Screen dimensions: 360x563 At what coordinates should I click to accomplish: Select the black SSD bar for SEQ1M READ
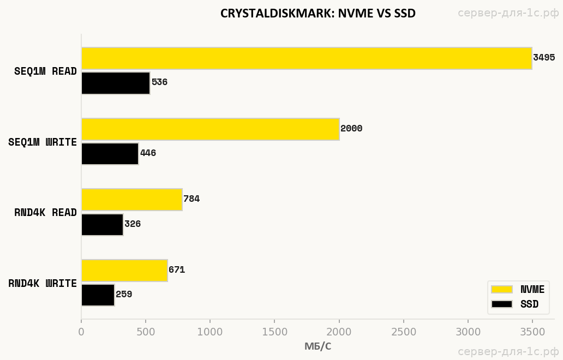click(116, 83)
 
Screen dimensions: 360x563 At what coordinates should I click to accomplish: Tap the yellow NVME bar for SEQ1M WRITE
click(210, 129)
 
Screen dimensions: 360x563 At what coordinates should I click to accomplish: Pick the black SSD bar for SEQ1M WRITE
click(110, 153)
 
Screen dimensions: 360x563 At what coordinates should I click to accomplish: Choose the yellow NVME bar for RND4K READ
click(131, 200)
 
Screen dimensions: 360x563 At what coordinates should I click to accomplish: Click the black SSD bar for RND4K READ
click(102, 224)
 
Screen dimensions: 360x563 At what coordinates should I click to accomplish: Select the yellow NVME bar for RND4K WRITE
click(124, 270)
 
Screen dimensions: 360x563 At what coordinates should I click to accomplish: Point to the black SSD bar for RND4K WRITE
click(98, 295)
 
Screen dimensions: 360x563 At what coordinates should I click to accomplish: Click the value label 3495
click(544, 58)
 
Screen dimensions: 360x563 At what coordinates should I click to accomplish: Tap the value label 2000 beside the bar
click(351, 129)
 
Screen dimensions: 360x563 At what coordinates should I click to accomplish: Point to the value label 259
click(124, 295)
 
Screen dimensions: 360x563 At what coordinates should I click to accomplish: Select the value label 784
click(191, 199)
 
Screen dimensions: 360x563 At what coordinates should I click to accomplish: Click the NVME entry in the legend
click(518, 290)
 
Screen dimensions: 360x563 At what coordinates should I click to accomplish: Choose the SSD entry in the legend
click(515, 304)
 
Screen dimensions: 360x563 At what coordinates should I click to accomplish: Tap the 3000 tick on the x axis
click(468, 332)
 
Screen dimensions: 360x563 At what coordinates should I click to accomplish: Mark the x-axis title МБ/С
click(318, 346)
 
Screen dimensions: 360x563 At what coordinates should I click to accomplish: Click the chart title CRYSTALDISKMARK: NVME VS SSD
click(318, 14)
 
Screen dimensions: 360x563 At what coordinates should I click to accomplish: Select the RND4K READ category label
click(45, 213)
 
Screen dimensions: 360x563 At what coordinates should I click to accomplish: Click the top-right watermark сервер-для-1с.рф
click(508, 13)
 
